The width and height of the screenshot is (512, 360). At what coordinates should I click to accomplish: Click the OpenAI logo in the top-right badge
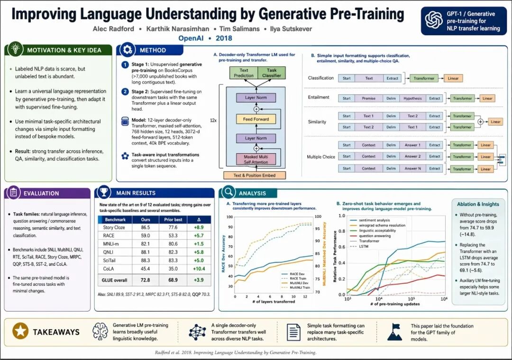click(x=433, y=21)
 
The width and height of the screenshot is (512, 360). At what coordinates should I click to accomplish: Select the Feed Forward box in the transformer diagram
click(x=256, y=119)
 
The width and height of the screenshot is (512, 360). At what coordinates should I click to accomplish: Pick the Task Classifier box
click(x=271, y=73)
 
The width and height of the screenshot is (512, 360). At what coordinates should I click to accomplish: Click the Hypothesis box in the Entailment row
click(x=412, y=99)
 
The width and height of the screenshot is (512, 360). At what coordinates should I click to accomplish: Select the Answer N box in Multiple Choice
click(x=412, y=169)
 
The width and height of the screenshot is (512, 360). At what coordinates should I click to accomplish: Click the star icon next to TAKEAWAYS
click(x=20, y=332)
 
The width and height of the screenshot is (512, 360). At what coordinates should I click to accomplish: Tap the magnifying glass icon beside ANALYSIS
click(x=228, y=193)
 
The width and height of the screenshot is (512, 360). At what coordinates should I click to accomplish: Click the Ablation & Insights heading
click(x=477, y=204)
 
